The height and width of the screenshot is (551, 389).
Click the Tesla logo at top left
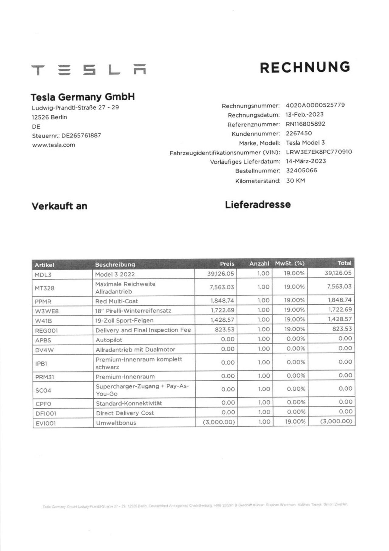click(88, 70)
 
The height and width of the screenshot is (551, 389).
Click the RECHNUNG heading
click(305, 68)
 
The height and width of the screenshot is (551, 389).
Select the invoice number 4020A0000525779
click(315, 105)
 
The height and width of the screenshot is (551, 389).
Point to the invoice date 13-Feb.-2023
click(304, 115)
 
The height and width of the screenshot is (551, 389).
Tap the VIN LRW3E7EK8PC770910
click(318, 152)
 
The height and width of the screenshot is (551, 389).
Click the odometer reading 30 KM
click(295, 181)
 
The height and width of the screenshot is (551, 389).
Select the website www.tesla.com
click(53, 145)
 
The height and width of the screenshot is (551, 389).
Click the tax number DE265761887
click(81, 136)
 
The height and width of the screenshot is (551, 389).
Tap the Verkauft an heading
click(59, 206)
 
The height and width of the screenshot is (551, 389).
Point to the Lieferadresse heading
click(258, 205)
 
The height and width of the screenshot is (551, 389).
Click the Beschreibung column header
click(115, 265)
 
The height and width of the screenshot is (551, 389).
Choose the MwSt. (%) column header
click(289, 263)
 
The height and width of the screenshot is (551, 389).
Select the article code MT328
click(44, 288)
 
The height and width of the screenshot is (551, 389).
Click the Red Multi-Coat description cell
click(116, 301)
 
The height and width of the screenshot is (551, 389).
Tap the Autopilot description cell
click(109, 340)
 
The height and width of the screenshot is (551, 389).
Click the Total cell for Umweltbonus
click(336, 422)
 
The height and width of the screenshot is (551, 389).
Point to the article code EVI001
click(46, 423)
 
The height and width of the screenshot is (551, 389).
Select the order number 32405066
click(301, 171)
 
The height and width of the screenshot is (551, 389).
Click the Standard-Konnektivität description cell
click(129, 403)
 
